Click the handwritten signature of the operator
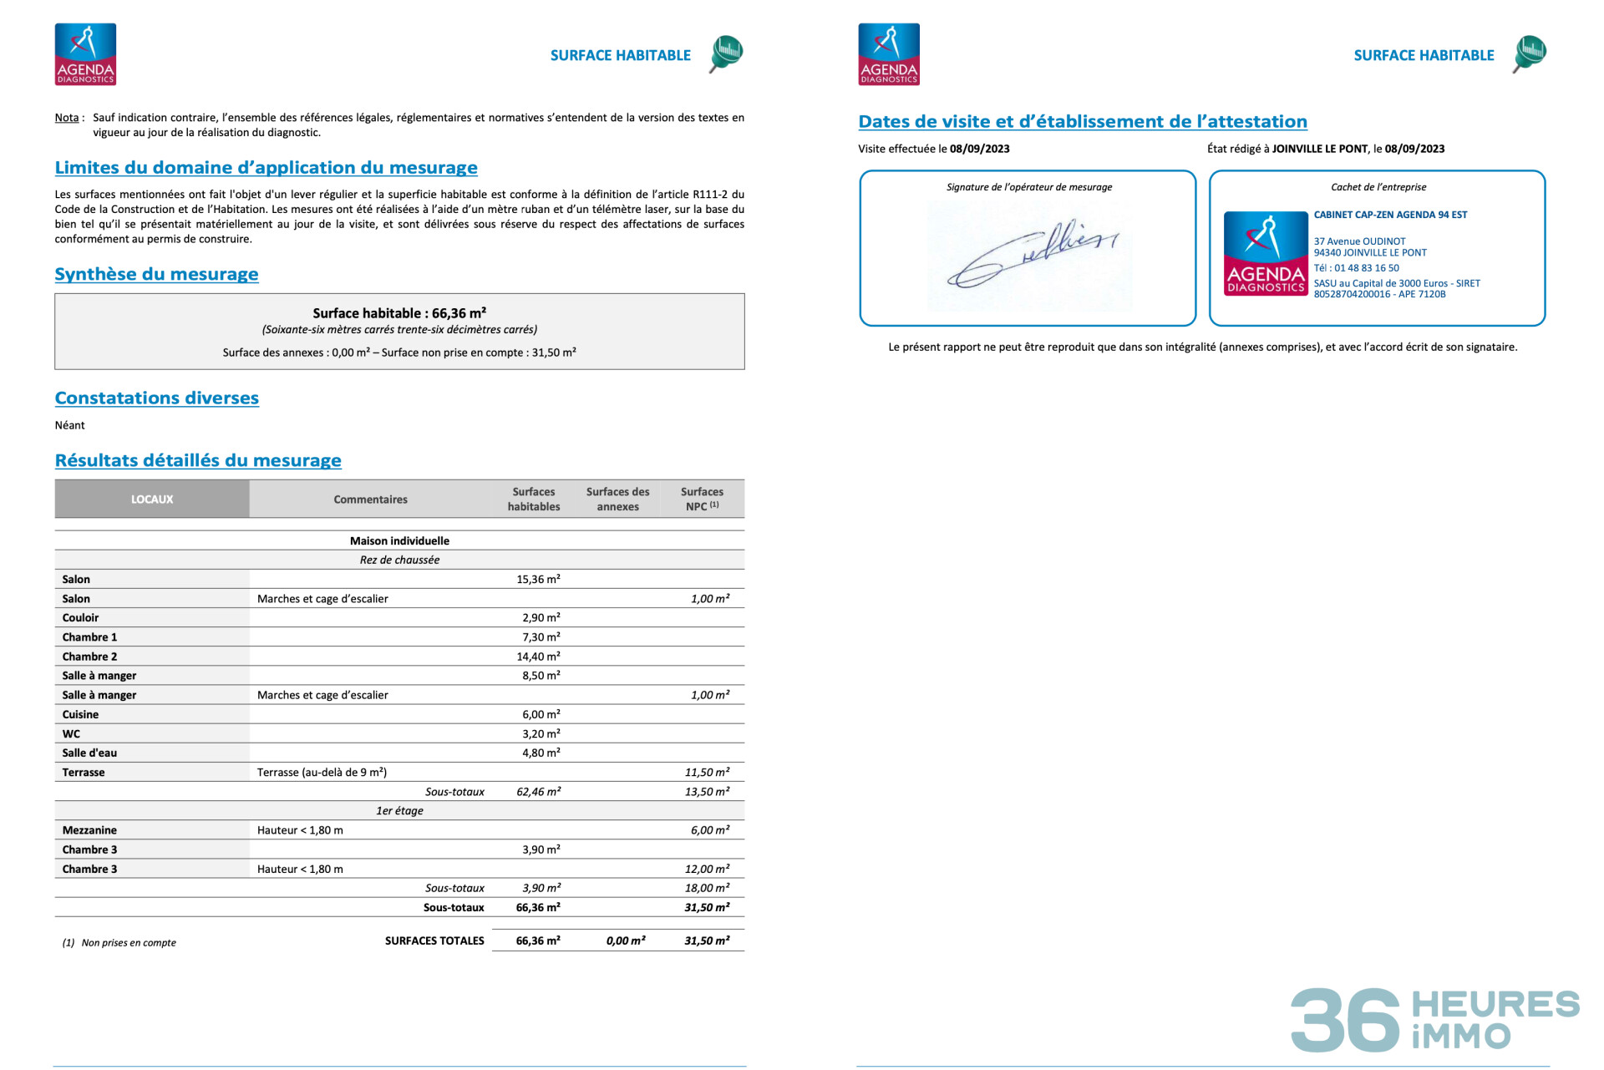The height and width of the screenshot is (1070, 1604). tap(1032, 255)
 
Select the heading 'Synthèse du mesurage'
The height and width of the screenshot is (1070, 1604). tap(156, 274)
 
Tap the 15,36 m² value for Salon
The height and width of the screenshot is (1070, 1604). tap(538, 579)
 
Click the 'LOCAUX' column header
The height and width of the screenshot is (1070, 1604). tap(152, 500)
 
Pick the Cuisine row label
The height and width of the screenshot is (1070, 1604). tap(80, 714)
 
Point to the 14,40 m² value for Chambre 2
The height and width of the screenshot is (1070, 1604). tap(538, 657)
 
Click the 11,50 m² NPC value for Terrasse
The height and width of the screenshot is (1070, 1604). tap(707, 773)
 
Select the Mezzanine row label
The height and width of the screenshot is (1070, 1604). tap(89, 830)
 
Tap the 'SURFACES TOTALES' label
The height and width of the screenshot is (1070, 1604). tap(434, 941)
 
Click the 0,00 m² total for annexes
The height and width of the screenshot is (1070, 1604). tap(626, 941)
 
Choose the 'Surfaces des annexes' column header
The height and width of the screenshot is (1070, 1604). tap(617, 500)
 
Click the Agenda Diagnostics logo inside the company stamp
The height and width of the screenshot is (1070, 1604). tap(1265, 254)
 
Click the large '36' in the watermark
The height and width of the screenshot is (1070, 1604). tap(1344, 1020)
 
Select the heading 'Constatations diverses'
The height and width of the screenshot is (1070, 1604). tap(157, 398)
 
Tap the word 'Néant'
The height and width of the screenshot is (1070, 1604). tap(70, 425)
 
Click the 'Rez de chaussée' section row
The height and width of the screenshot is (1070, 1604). tap(399, 560)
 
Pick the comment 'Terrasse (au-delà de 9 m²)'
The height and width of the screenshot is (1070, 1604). tap(322, 773)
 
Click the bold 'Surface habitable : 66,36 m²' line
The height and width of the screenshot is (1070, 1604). tap(399, 313)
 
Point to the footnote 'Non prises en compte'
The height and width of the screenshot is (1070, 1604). tap(129, 943)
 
